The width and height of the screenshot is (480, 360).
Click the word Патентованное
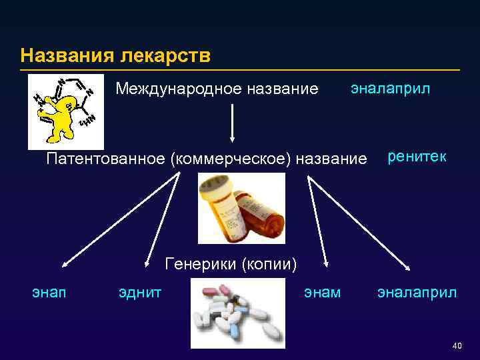(x=106, y=159)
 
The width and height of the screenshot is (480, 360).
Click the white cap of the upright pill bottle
(x=218, y=185)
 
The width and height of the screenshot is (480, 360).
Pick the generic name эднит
(x=139, y=291)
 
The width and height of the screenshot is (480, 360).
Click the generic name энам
(x=322, y=291)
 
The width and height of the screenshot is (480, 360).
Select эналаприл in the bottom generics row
(x=417, y=291)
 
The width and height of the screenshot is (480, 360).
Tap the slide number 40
(x=457, y=345)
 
